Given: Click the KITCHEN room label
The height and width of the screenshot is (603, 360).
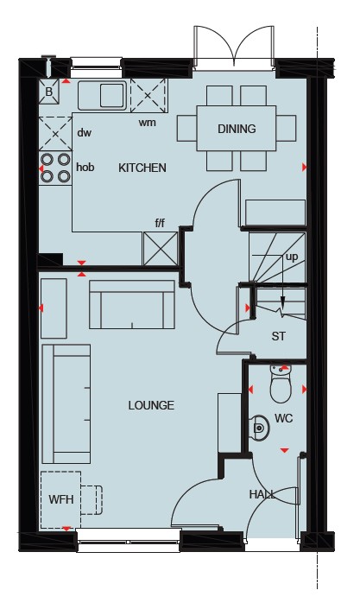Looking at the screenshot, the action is (142, 168).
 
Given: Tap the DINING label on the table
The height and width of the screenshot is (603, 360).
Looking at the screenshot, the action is (237, 129).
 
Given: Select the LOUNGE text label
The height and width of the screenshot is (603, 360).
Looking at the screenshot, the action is (151, 405).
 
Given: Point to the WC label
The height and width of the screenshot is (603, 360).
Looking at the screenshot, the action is (284, 418).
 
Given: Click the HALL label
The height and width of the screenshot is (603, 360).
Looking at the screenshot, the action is (262, 494).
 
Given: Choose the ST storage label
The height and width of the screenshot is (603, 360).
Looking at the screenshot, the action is (279, 336).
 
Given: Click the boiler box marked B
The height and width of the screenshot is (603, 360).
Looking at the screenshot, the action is (49, 92).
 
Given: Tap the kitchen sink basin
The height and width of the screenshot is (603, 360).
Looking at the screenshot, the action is (112, 95).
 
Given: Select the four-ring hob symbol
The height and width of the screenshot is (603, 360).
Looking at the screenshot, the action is (55, 168).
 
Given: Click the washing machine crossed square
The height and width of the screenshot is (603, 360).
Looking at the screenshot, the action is (149, 95).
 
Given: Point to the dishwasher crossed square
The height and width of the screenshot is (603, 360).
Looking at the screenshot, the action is (55, 134).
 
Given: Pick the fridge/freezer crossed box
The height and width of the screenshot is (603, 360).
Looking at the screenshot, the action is (161, 249).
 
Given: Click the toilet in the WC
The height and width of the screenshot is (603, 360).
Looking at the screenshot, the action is (281, 384).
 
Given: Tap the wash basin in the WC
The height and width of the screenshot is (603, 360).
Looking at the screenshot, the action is (259, 427).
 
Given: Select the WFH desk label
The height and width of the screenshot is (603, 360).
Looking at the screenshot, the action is (61, 499).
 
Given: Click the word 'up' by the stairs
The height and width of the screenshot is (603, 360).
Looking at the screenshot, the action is (292, 257).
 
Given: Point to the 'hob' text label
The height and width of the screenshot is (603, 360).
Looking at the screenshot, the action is (85, 167).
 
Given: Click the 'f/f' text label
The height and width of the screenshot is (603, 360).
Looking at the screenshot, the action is (160, 223).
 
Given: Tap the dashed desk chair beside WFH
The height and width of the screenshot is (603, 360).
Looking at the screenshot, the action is (92, 500).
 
